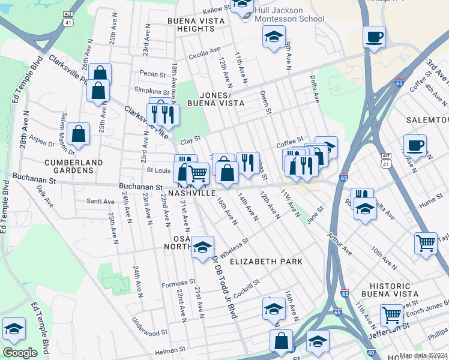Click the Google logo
coord(20,353)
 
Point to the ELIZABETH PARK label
coord(266,262)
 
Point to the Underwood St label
coord(150,332)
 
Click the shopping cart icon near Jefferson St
coord(391,314)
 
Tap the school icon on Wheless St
coord(203,247)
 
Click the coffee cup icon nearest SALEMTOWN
coord(415,145)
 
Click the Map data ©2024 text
coord(424,355)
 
